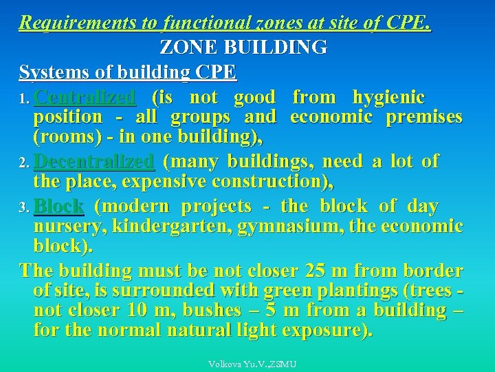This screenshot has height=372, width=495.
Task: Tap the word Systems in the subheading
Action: [49, 72]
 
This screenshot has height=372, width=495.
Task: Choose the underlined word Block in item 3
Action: [58, 206]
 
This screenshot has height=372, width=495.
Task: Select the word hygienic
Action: [388, 97]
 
